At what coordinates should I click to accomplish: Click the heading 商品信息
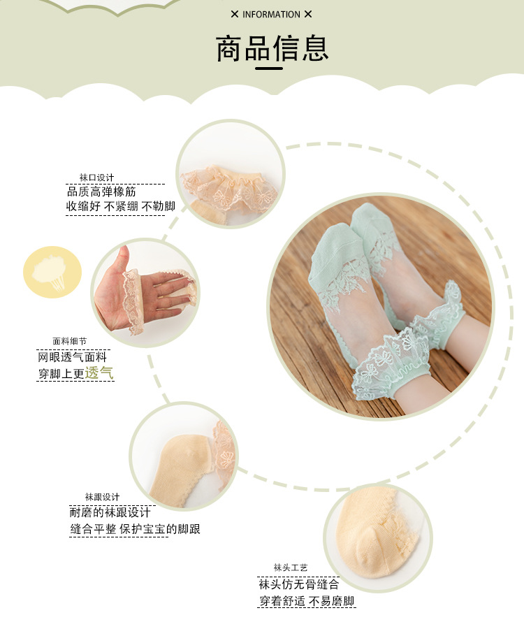(x=272, y=49)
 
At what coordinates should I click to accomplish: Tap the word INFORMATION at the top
(x=271, y=14)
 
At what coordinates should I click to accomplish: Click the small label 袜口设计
(x=96, y=178)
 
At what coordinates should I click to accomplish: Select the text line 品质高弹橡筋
(x=101, y=191)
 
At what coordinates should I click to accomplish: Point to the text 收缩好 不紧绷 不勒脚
(x=120, y=206)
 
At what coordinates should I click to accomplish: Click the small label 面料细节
(x=70, y=342)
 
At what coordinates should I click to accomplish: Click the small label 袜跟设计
(x=102, y=497)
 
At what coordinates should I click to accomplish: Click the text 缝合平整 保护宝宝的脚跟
(x=135, y=529)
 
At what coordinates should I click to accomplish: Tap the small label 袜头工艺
(x=291, y=567)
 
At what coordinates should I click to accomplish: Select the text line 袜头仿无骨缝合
(x=298, y=584)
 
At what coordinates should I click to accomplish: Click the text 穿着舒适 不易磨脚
(x=307, y=601)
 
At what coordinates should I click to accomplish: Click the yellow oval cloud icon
(x=52, y=271)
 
